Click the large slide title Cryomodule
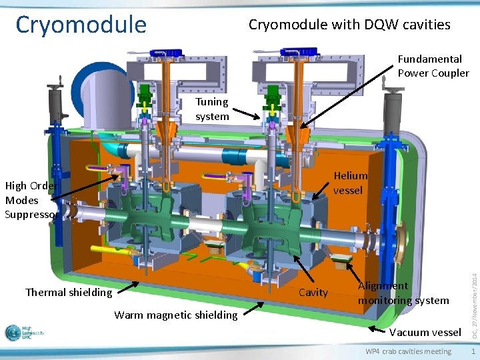click(x=81, y=24)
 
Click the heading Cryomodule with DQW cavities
click(x=349, y=25)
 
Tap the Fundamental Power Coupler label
click(x=433, y=66)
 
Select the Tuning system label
click(x=212, y=109)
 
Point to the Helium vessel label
click(x=350, y=183)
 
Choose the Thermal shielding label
click(x=69, y=292)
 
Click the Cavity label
click(x=313, y=292)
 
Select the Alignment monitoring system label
click(x=403, y=293)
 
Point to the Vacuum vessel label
click(x=425, y=332)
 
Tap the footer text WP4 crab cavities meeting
click(x=408, y=351)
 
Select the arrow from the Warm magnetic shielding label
click(x=256, y=308)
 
